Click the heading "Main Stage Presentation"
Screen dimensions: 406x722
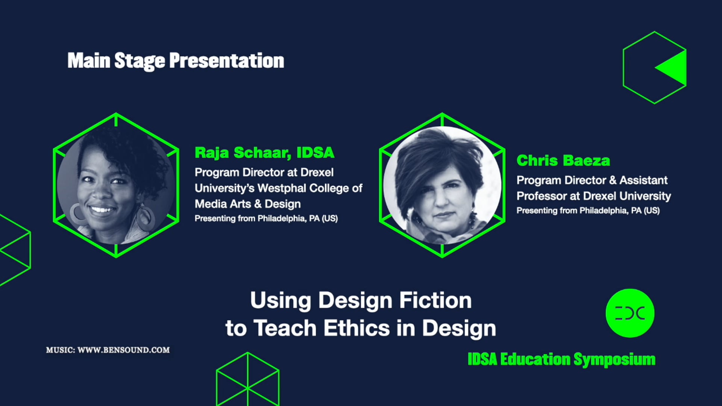(176, 61)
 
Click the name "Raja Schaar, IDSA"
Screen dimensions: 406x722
(264, 153)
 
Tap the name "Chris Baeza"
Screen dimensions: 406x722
(563, 161)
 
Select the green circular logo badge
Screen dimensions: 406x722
(630, 313)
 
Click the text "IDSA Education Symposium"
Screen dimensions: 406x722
(561, 359)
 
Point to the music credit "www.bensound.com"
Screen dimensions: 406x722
(123, 350)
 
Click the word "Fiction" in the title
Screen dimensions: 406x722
(435, 300)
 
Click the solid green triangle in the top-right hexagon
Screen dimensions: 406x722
(673, 68)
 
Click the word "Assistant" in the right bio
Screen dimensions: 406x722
(643, 180)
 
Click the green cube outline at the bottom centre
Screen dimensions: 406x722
(247, 380)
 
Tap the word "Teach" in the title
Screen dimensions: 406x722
(285, 328)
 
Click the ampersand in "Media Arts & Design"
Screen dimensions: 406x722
(258, 204)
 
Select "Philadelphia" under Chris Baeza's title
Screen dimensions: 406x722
(604, 211)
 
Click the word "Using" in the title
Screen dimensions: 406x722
(281, 300)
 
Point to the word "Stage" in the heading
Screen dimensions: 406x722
(140, 61)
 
